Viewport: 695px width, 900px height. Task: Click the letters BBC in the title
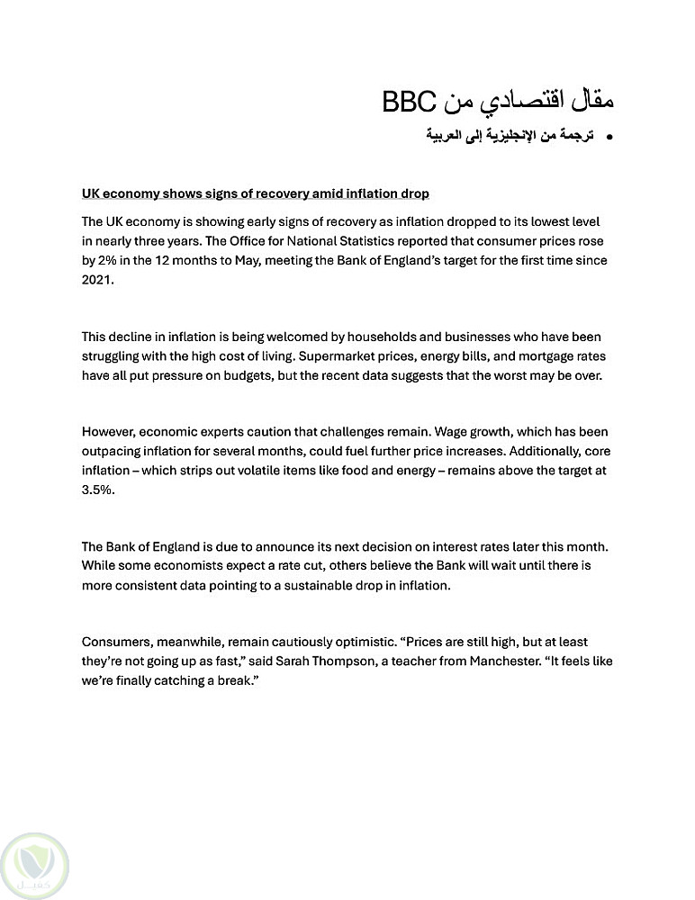click(411, 102)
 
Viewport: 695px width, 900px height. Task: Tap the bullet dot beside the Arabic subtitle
click(610, 137)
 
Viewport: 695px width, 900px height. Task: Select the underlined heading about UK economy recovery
click(255, 193)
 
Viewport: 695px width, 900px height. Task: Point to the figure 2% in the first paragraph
click(107, 260)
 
